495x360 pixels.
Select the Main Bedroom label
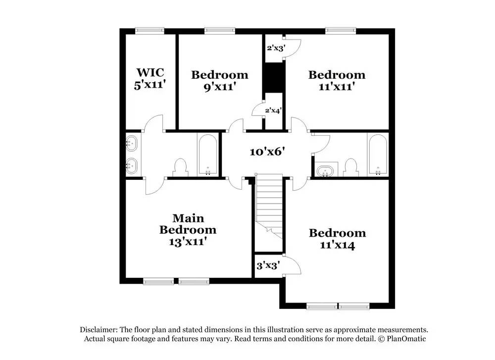pos(188,224)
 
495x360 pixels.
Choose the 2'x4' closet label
pos(273,110)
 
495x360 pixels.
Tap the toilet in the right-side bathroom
pos(351,166)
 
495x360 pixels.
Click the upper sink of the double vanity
pos(132,144)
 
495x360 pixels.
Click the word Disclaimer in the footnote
pos(98,330)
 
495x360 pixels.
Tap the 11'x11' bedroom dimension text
pos(337,86)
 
